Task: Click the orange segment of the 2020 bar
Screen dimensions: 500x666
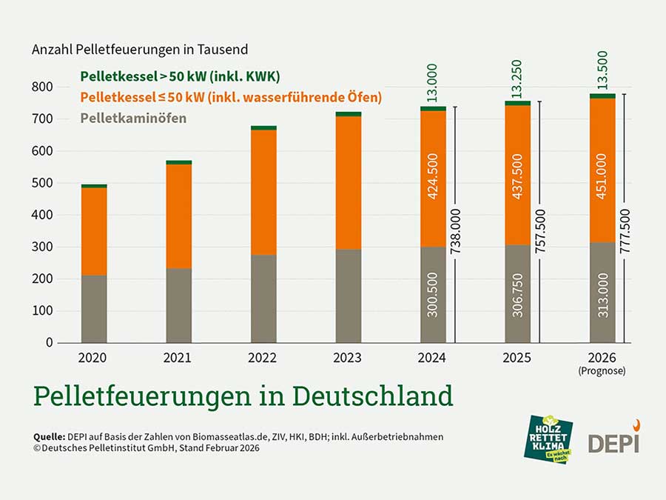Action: point(94,231)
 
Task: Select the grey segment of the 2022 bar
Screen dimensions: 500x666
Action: point(263,299)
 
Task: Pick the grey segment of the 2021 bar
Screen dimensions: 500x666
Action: point(178,305)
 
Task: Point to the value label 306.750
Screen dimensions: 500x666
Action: point(518,294)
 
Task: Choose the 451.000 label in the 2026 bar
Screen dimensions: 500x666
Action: point(602,178)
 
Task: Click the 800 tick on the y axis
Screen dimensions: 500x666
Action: point(44,87)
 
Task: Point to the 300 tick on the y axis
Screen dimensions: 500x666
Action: point(44,247)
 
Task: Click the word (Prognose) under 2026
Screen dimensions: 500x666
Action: point(602,370)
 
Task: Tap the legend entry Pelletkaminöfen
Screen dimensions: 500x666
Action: point(133,118)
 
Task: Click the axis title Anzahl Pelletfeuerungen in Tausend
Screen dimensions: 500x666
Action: point(140,50)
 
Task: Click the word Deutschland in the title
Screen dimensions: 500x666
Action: point(372,396)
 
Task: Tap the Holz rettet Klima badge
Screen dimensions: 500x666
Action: point(548,439)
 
